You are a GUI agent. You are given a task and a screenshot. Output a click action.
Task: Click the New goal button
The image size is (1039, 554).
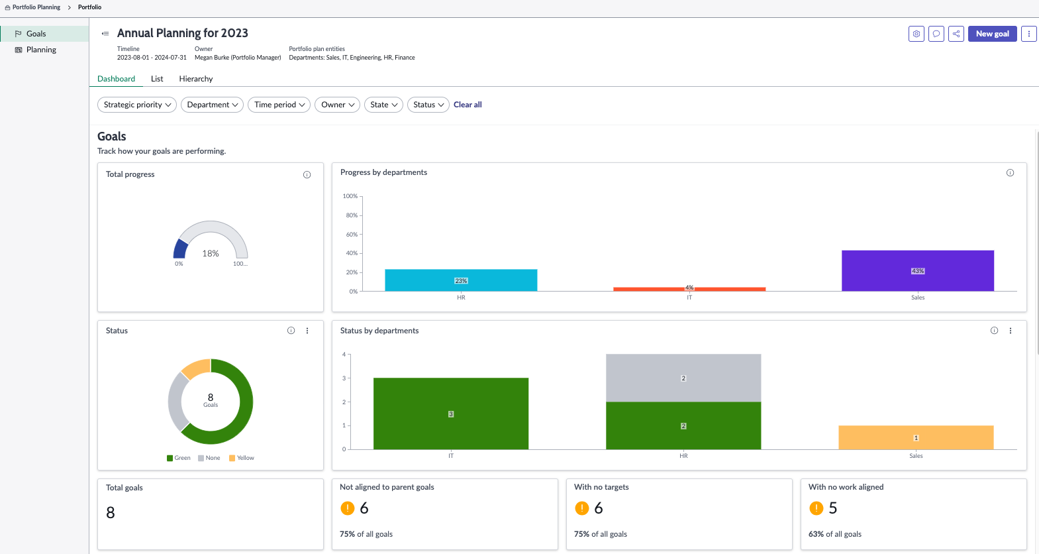992,34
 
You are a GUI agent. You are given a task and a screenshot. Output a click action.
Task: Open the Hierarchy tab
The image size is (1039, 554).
196,79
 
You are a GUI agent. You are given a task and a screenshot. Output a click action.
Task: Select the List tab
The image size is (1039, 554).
157,79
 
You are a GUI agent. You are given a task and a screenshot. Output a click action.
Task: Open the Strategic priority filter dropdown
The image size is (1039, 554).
137,105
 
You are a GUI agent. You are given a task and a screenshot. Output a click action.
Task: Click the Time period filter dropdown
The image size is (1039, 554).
279,105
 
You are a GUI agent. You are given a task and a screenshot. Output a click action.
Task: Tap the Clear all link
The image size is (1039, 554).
468,105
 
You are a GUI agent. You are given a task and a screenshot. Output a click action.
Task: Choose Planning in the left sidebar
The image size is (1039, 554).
41,50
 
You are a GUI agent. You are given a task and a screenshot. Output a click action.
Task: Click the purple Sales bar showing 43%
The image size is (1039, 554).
917,271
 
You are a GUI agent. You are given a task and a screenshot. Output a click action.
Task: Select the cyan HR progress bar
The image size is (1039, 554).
461,280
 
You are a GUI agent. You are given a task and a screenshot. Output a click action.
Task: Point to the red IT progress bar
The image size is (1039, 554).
689,289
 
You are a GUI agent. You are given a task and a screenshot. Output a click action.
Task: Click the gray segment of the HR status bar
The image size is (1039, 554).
683,378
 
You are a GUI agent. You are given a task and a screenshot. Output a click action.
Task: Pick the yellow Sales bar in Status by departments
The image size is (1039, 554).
916,437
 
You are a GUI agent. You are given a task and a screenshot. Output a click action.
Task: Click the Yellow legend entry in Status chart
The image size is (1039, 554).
242,458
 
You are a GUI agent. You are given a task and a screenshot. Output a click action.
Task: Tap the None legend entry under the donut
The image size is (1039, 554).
209,458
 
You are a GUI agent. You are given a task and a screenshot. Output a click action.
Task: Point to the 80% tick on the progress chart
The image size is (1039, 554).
352,215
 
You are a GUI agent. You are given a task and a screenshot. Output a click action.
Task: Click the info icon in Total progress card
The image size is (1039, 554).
307,175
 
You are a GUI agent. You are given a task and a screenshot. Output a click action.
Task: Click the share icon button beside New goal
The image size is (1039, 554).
956,34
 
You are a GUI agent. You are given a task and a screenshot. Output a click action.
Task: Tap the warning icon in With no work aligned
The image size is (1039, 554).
816,508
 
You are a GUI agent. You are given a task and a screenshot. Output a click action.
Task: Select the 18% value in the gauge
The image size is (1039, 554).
211,253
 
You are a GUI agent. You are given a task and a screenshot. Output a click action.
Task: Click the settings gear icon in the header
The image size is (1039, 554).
916,34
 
